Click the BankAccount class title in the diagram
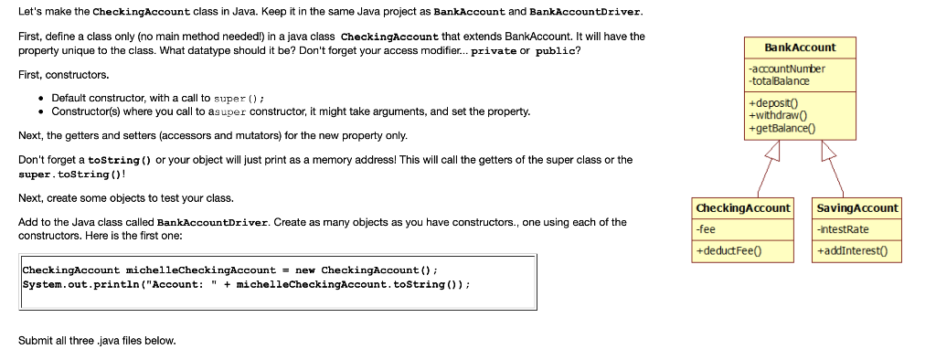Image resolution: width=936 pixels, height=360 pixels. (799, 48)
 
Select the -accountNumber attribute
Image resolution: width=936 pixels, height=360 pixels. (786, 69)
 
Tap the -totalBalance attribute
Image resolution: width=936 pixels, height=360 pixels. (778, 81)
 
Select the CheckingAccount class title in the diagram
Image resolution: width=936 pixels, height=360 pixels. (742, 208)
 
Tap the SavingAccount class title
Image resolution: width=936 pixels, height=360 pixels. (857, 208)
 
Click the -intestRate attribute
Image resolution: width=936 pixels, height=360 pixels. (843, 229)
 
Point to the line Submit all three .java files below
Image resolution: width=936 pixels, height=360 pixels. (97, 341)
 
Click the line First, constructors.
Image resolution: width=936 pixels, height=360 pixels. (64, 74)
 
